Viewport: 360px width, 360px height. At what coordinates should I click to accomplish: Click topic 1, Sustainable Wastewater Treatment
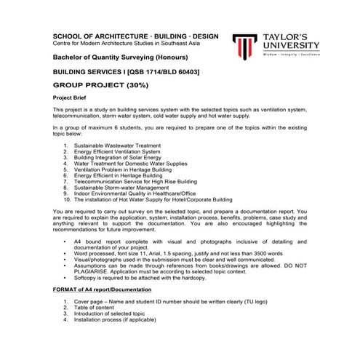point(116,145)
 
